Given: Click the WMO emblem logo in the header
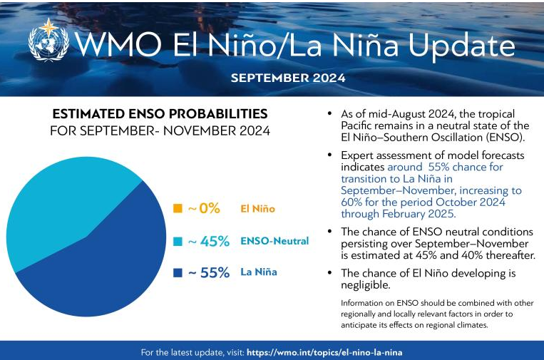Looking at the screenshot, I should [48, 41].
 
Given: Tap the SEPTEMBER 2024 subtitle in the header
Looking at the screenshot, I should [288, 78].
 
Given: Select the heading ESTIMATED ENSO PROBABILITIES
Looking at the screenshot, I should [160, 114].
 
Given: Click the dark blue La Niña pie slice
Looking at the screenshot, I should [100, 271].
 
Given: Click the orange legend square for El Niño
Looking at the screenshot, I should [178, 209].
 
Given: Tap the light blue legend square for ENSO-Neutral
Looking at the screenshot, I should [178, 241].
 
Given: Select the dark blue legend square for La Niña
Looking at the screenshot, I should [178, 272].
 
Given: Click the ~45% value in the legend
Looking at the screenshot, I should [208, 241].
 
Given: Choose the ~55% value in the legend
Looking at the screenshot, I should [208, 272].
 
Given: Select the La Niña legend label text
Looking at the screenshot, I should [258, 272].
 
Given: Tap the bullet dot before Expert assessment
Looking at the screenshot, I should [329, 155].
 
